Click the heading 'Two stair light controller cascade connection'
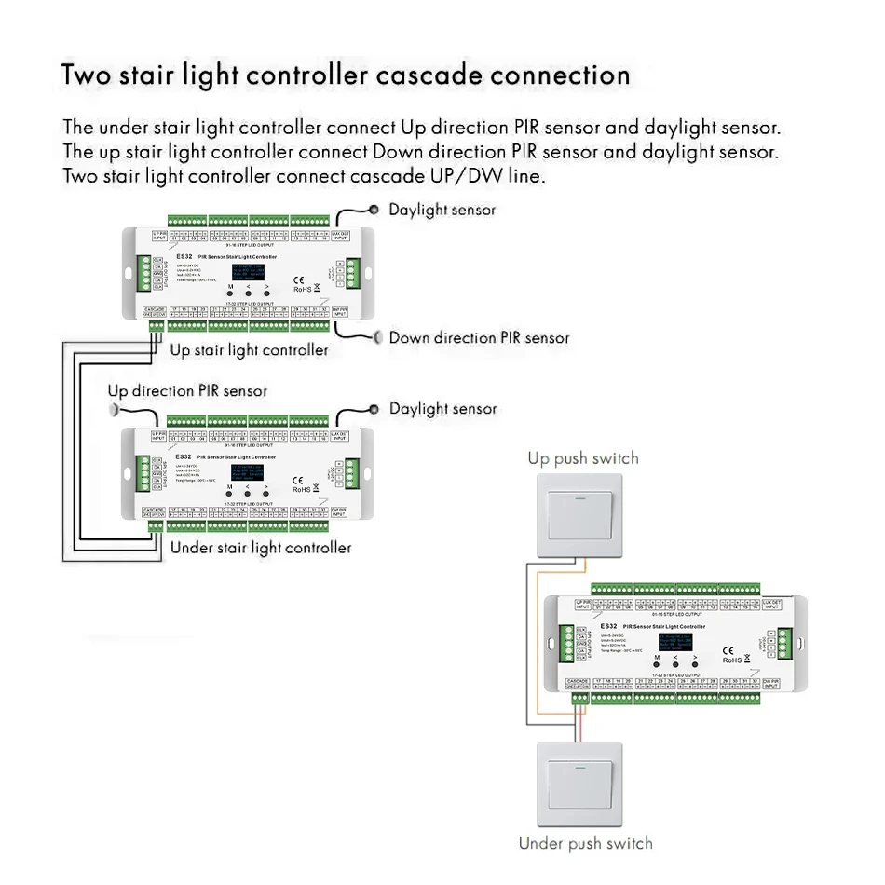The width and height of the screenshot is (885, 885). point(346,75)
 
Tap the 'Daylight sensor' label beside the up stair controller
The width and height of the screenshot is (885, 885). point(442,210)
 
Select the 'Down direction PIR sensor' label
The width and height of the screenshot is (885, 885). point(479,337)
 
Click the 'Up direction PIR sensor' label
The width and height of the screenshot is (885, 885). point(187,390)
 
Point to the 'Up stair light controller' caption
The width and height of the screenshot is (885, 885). point(249,349)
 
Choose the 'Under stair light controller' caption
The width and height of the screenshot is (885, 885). point(261,548)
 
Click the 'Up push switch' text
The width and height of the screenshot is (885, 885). point(583,458)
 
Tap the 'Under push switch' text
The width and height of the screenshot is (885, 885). point(585,843)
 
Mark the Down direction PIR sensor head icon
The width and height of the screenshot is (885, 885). point(378,337)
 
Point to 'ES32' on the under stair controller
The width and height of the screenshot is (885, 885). point(183,456)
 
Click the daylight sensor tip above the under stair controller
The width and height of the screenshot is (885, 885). point(374,409)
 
